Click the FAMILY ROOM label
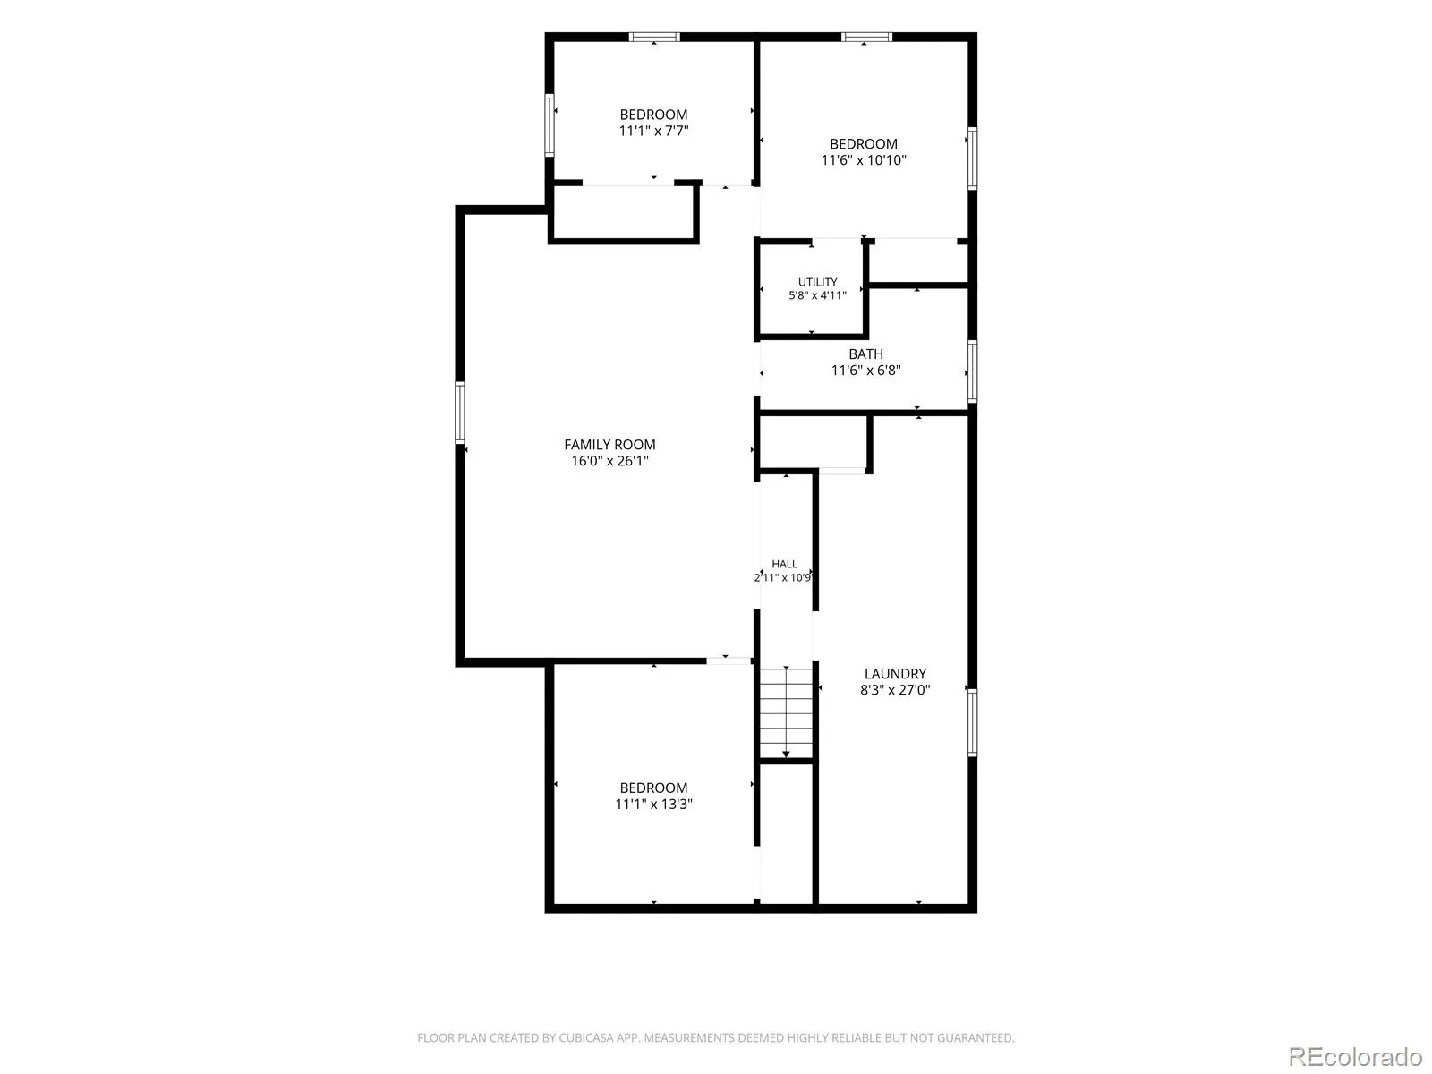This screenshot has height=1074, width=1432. click(609, 445)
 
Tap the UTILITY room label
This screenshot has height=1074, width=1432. click(817, 282)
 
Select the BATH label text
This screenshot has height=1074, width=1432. click(865, 354)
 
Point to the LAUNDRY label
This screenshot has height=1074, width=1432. click(895, 674)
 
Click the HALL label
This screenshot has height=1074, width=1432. click(784, 564)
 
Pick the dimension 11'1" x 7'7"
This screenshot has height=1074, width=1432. click(653, 131)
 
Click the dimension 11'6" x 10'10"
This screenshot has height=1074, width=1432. click(864, 160)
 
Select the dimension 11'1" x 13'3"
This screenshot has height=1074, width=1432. click(653, 804)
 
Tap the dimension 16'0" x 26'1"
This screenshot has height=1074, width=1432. click(610, 461)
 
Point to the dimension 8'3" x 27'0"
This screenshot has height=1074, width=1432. click(895, 690)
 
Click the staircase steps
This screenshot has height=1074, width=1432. click(786, 712)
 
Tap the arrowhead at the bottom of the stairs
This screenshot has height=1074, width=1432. click(786, 755)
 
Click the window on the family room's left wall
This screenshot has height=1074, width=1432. click(460, 413)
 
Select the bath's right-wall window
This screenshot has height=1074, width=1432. click(972, 371)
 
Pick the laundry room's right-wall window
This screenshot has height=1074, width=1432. click(972, 722)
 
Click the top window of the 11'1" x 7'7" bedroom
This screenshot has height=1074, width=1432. click(654, 38)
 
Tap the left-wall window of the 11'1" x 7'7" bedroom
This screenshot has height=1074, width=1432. click(550, 125)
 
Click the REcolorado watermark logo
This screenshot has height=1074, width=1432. click(1355, 1056)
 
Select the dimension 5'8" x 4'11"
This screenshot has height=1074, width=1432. click(817, 295)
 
